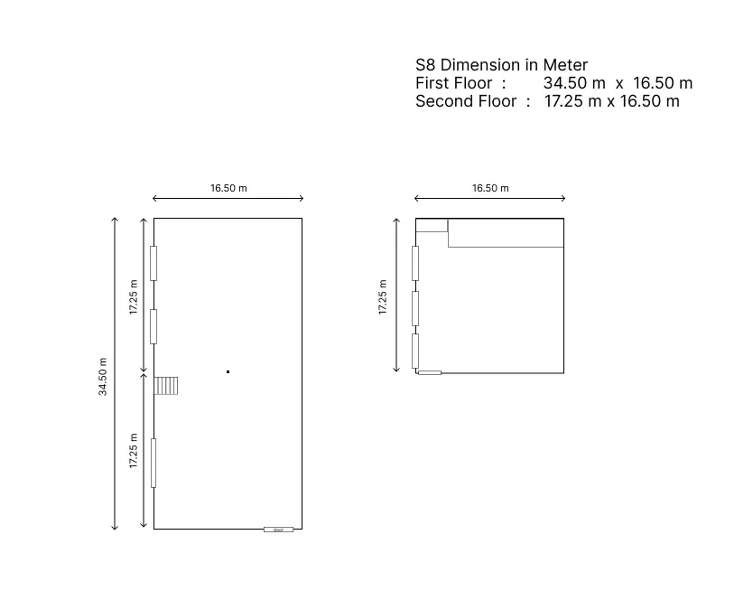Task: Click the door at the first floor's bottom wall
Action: click(x=278, y=530)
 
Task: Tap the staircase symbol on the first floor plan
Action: click(x=166, y=386)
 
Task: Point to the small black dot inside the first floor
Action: click(x=228, y=371)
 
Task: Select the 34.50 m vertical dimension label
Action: click(x=103, y=377)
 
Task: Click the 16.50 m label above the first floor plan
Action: click(x=228, y=188)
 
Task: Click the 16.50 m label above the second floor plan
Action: click(x=490, y=188)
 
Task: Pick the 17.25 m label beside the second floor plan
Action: click(x=383, y=297)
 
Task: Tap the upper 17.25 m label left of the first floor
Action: click(x=134, y=297)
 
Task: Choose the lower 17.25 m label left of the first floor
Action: click(x=134, y=451)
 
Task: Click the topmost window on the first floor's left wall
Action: click(x=153, y=263)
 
